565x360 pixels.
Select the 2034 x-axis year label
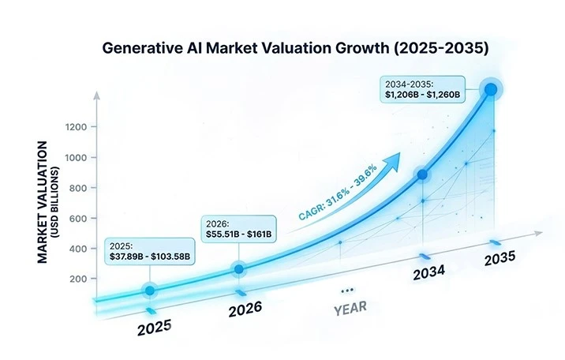(x=428, y=272)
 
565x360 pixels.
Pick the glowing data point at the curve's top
(x=491, y=90)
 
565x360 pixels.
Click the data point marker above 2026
(x=239, y=270)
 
